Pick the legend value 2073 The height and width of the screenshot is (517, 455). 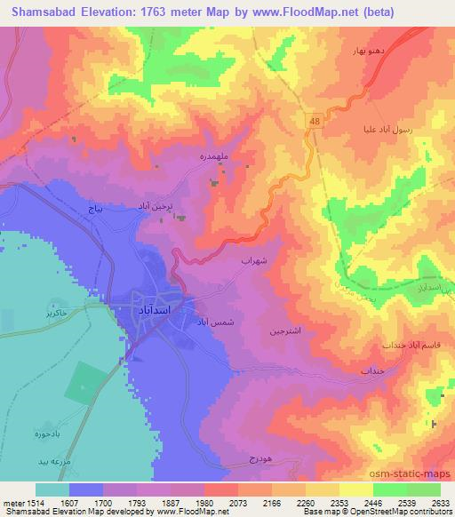tap(238, 502)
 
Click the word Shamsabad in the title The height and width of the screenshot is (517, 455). tap(43, 10)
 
